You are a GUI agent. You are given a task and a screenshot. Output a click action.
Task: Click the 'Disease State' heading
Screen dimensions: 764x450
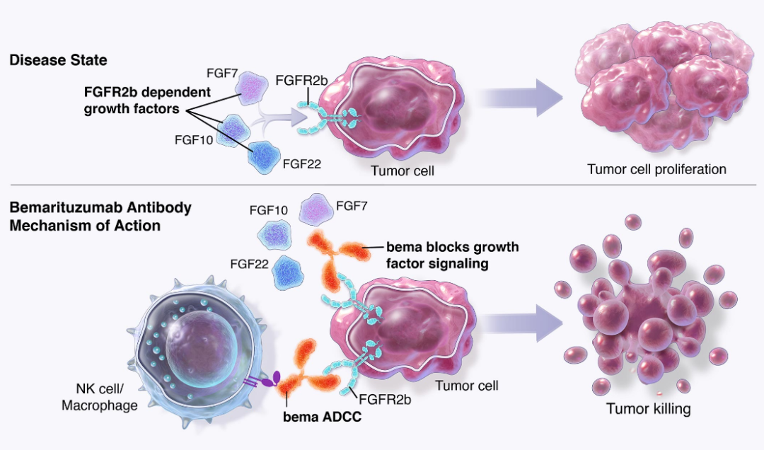[x=59, y=60]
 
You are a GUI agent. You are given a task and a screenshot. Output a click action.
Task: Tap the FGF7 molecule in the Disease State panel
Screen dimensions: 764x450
[x=252, y=88]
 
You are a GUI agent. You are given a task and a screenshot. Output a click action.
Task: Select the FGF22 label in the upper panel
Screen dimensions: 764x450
[x=302, y=164]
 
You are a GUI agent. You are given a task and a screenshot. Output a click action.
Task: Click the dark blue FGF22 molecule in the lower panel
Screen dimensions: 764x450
[x=287, y=272]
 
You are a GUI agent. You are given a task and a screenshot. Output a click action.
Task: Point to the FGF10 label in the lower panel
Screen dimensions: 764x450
[x=269, y=210]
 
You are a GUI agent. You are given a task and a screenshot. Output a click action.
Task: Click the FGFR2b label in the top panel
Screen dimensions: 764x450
[x=301, y=81]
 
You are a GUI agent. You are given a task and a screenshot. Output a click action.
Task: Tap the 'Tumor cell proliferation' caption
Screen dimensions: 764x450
[x=656, y=169]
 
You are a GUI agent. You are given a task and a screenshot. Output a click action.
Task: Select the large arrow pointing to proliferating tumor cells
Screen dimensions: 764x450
[x=521, y=98]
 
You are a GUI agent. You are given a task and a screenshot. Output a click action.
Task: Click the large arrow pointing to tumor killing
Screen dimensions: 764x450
[x=523, y=322]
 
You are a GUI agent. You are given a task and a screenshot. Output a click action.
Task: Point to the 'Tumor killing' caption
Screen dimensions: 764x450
[x=649, y=408]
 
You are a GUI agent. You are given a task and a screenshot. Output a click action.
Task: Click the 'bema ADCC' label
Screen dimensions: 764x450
[x=322, y=417]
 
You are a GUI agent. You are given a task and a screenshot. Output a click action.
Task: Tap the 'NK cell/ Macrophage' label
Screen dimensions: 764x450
[x=100, y=397]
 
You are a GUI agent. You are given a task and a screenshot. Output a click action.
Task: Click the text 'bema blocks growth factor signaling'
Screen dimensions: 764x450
[x=453, y=255]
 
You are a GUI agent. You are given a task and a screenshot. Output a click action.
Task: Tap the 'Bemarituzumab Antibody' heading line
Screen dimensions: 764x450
[x=100, y=207]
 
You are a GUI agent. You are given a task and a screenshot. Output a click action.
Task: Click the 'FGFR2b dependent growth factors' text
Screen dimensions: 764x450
[x=147, y=100]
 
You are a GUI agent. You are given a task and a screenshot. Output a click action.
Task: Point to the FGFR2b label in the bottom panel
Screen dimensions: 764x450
[x=385, y=400]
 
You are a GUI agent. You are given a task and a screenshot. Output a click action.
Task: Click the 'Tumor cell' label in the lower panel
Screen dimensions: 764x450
[x=467, y=386]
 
